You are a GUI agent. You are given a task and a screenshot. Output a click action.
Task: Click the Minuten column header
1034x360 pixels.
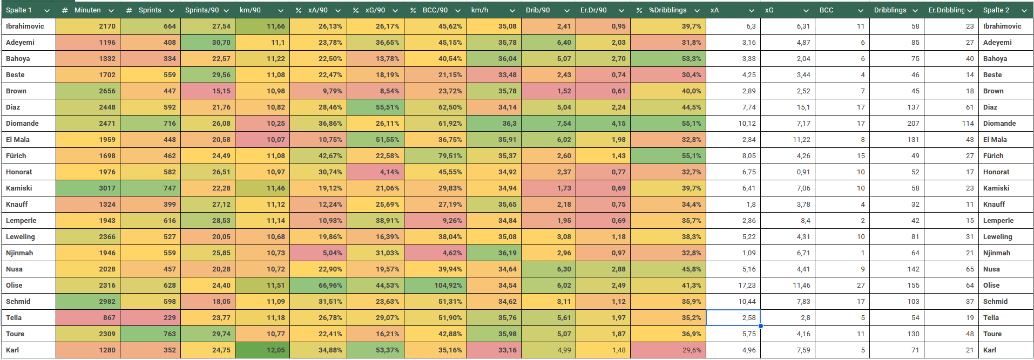87,10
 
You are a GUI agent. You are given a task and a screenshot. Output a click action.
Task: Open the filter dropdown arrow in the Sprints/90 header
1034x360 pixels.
226,10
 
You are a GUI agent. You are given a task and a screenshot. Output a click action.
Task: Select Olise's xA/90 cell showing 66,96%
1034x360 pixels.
318,285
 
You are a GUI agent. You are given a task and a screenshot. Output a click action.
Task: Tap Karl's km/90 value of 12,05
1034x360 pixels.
262,350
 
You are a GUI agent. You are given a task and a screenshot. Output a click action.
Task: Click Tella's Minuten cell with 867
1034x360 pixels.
87,317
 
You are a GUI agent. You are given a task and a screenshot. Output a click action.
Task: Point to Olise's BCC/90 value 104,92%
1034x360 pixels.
435,285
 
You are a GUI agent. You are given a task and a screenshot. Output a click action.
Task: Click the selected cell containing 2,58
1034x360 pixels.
733,317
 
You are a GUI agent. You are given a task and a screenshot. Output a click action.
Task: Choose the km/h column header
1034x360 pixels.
494,10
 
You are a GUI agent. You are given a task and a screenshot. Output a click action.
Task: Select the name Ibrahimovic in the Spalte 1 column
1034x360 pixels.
25,26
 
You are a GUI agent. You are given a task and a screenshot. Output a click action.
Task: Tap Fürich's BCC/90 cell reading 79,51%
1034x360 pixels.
435,155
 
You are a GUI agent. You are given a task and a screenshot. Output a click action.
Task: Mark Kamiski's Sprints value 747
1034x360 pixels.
150,188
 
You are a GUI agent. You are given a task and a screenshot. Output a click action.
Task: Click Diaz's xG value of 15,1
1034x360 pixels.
787,107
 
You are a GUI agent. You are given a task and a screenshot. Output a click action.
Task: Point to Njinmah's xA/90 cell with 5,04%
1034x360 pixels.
318,253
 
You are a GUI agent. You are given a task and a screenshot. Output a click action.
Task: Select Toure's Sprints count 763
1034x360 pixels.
150,334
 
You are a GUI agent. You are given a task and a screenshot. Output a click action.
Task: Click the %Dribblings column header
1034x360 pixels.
667,10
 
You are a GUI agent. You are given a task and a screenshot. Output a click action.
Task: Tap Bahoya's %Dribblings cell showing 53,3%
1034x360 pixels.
667,58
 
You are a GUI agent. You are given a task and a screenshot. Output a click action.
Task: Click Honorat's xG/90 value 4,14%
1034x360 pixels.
375,172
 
